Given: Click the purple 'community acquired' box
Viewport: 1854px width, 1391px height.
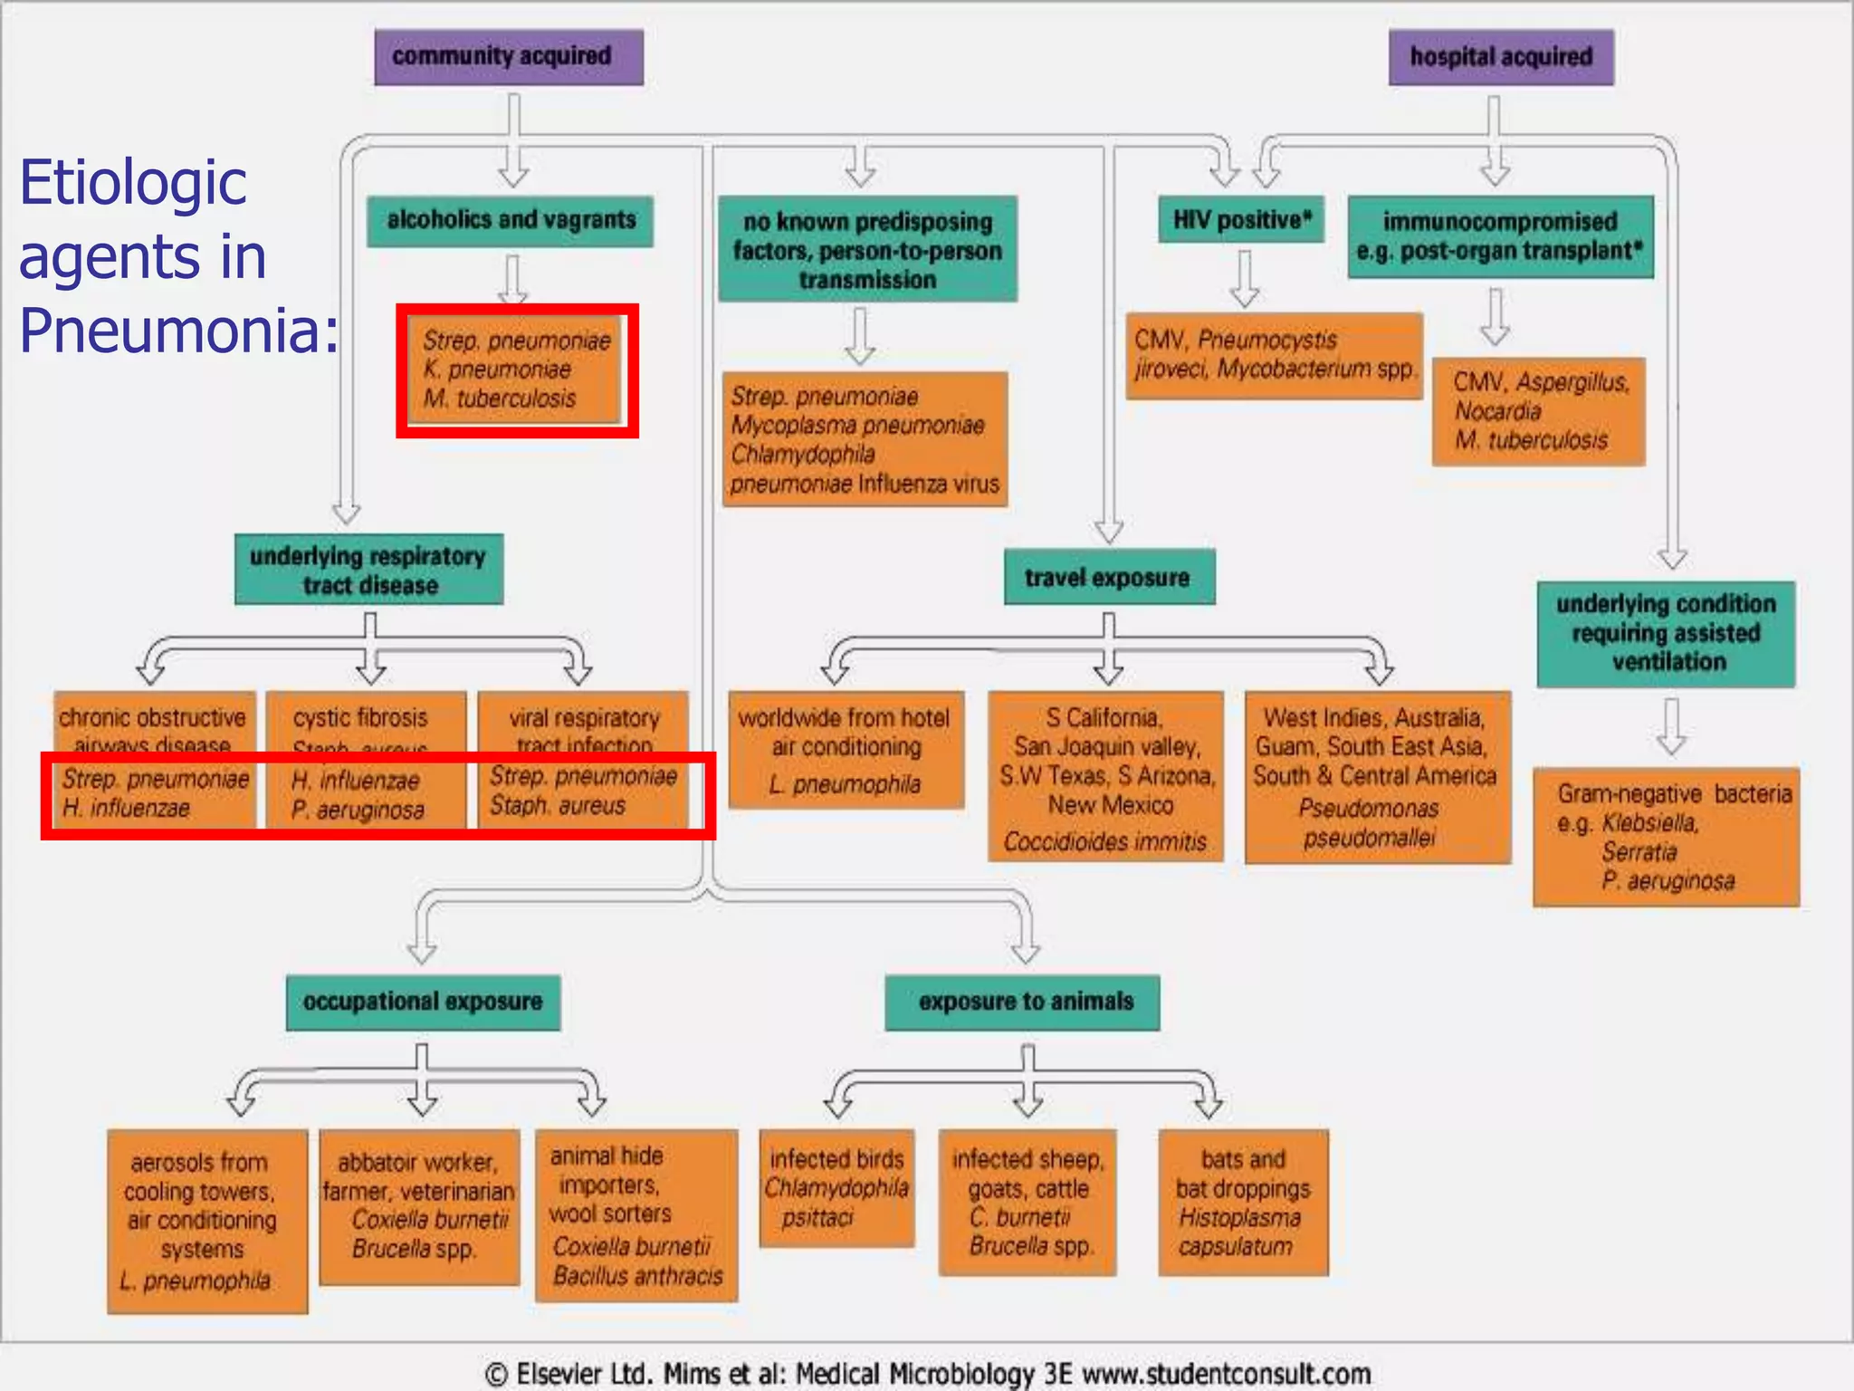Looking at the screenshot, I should pos(509,57).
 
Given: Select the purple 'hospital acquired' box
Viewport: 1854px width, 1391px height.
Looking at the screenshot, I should pos(1501,57).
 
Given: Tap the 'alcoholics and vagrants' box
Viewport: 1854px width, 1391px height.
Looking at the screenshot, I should pos(511,221).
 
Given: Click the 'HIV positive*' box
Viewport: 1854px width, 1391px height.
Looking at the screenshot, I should pos(1241,220).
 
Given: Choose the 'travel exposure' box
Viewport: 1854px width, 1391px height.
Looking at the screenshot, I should pos(1108,577).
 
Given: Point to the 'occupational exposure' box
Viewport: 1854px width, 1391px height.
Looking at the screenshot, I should pos(423,1002).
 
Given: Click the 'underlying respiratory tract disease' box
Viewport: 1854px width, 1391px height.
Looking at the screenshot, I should pos(368,570).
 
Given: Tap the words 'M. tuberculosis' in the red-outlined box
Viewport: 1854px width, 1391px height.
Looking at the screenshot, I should pos(501,398).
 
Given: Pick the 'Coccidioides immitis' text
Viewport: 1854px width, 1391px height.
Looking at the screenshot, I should pos(1104,842).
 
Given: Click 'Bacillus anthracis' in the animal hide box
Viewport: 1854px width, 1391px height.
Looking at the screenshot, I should pos(637,1276).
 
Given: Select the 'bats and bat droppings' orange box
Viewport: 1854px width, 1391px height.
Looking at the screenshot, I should pos(1243,1202).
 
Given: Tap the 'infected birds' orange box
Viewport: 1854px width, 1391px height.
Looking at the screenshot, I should pos(836,1187).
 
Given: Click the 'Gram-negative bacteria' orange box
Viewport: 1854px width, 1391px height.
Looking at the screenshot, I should pos(1666,836).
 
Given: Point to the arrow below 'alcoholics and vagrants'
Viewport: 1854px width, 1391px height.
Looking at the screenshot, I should pos(512,278).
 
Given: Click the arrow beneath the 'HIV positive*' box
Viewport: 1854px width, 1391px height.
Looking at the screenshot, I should pos(1245,278).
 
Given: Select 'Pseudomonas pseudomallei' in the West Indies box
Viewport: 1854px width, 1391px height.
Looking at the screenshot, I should pos(1369,822).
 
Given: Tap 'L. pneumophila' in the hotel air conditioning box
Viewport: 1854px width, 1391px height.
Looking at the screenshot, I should pos(845,784).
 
